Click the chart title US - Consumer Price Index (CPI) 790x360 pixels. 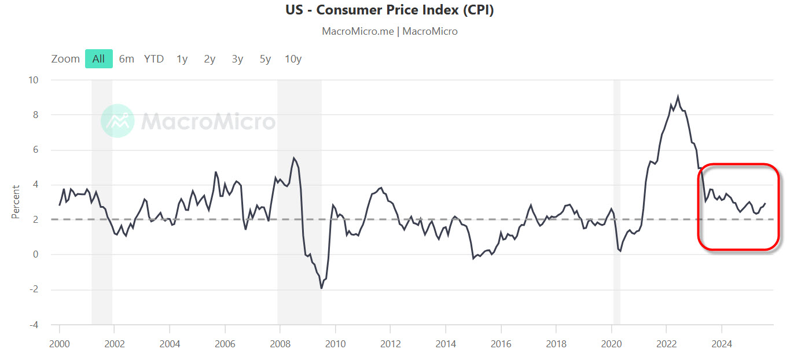point(390,10)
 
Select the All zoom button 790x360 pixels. point(98,58)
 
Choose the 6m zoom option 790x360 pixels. point(127,58)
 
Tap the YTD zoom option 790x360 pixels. point(154,58)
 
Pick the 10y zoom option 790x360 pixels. point(293,58)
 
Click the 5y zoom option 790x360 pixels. point(265,58)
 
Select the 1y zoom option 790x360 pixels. point(182,58)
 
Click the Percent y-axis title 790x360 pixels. point(16,202)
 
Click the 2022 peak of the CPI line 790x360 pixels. point(678,97)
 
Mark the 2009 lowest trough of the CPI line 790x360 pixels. point(321,288)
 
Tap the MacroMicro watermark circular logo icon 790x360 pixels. point(117,121)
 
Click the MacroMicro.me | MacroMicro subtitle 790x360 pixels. point(390,31)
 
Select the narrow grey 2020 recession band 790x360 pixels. point(617,202)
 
